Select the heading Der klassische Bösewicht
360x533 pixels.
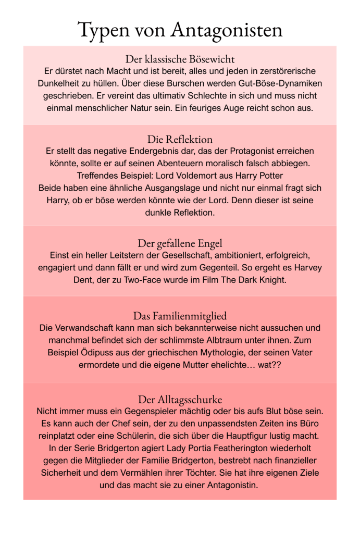[x=180, y=58]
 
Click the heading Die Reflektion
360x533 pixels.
[x=180, y=139]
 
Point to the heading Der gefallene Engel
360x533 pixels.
[x=180, y=243]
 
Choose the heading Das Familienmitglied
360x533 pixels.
[x=180, y=316]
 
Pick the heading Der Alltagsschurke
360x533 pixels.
[x=180, y=400]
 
